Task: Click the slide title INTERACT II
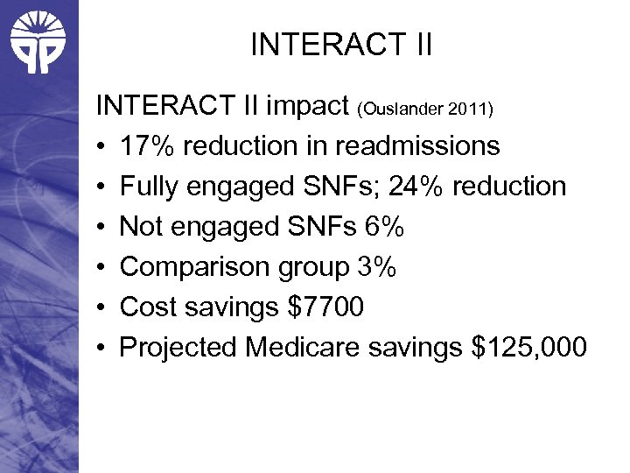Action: click(x=341, y=45)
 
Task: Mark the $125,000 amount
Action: click(x=527, y=348)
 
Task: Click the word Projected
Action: click(x=178, y=348)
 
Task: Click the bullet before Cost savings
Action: click(x=102, y=308)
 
